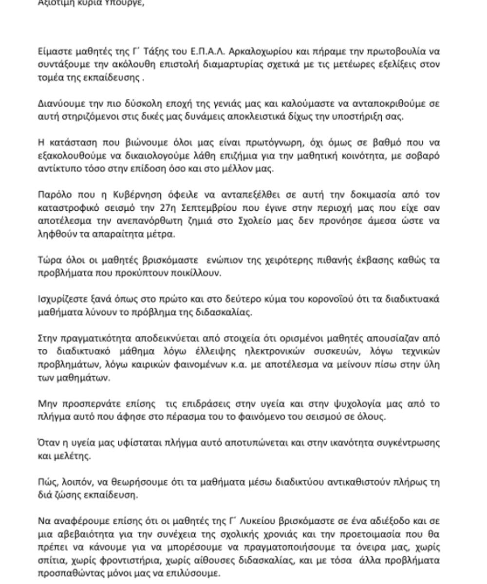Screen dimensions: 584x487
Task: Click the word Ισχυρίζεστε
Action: tap(61, 299)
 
